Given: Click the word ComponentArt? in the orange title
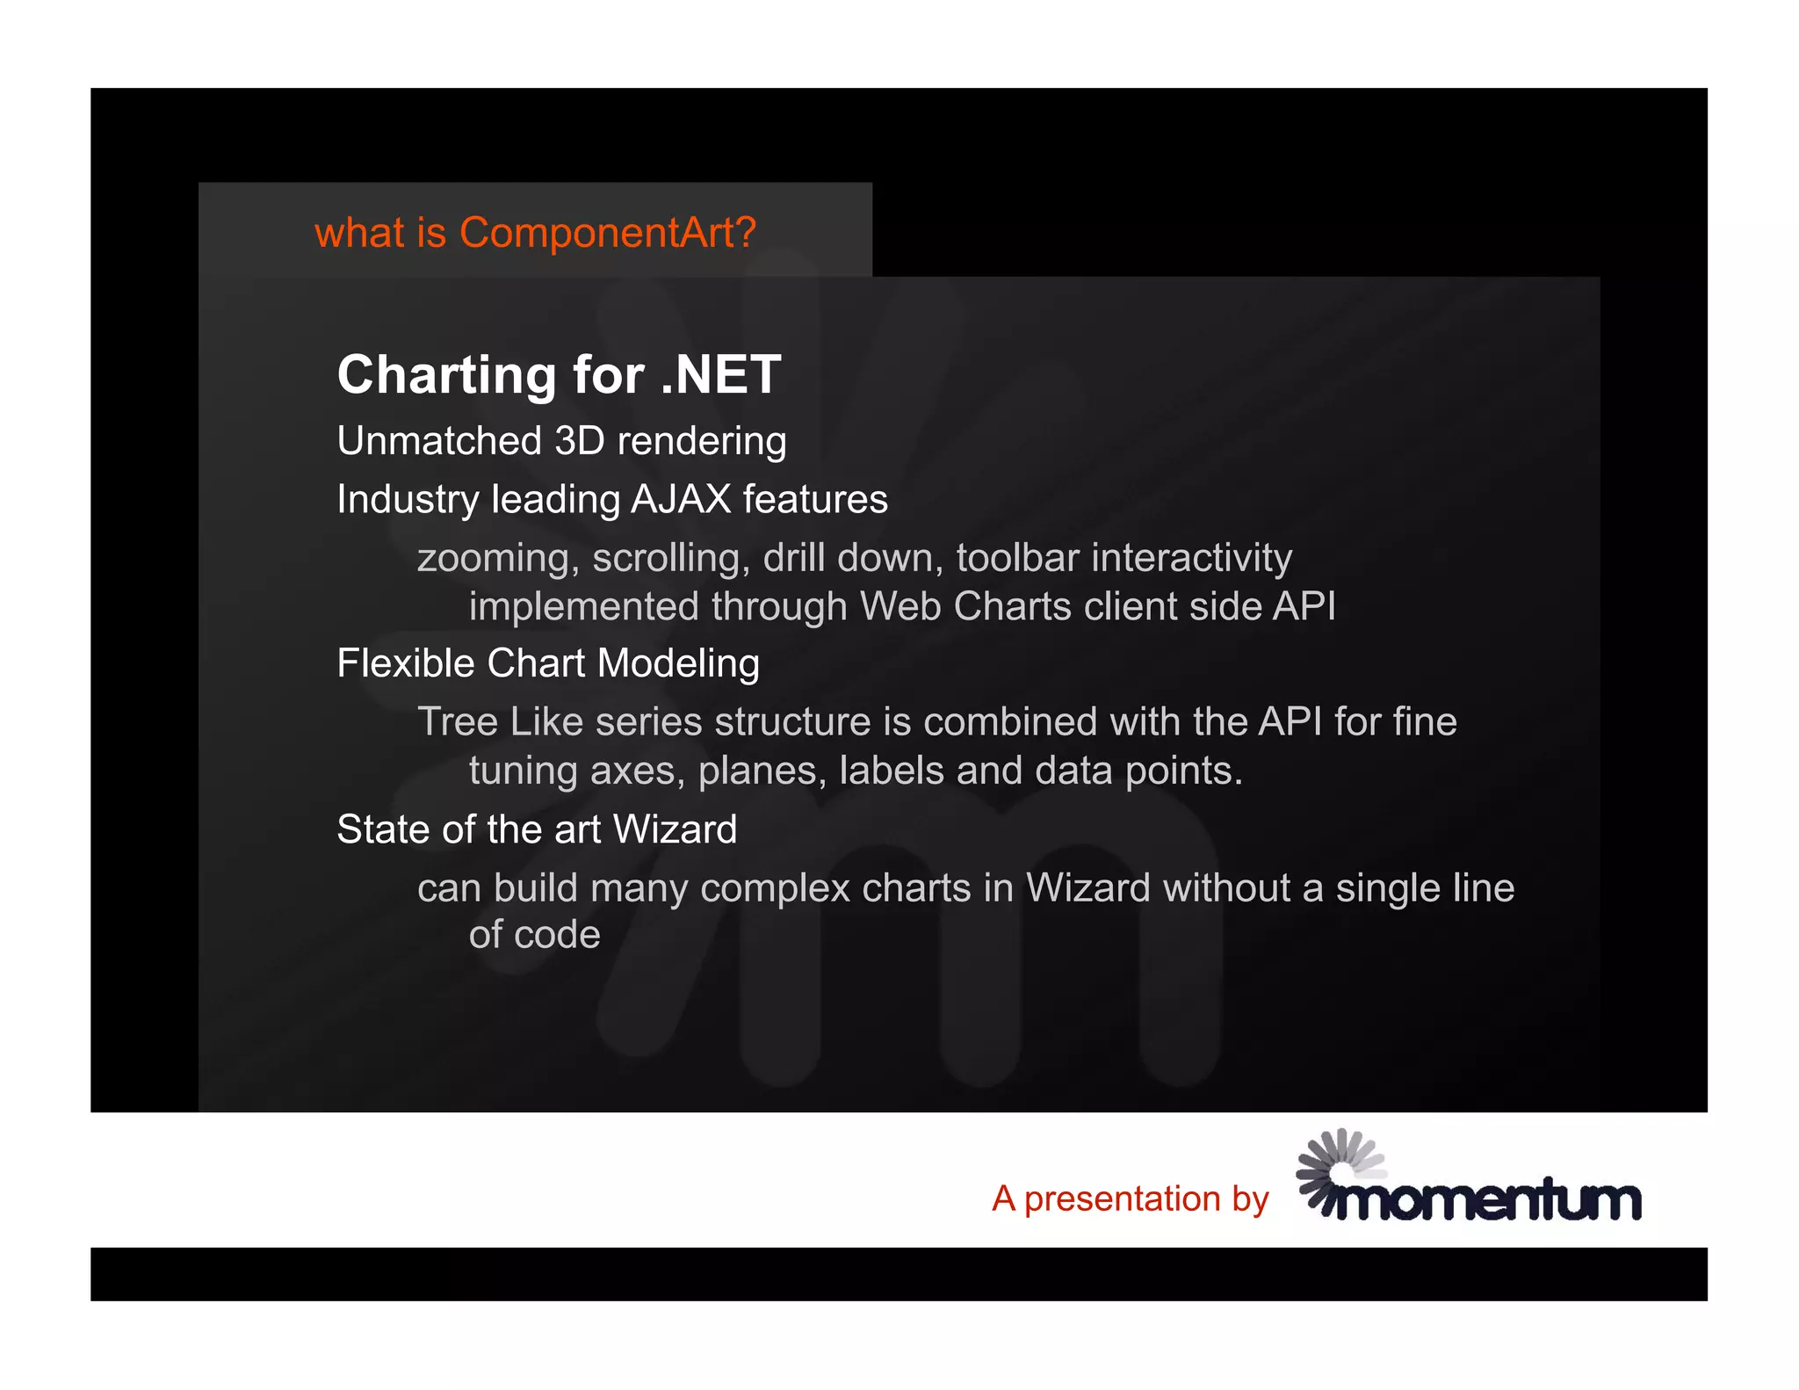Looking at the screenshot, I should [607, 234].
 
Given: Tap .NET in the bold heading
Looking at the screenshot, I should [720, 375].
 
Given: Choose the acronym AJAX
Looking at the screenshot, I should [681, 500].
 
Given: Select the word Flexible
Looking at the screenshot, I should [407, 664].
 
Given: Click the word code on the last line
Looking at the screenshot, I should [558, 936].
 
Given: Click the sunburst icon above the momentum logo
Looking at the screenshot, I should [1339, 1160].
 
